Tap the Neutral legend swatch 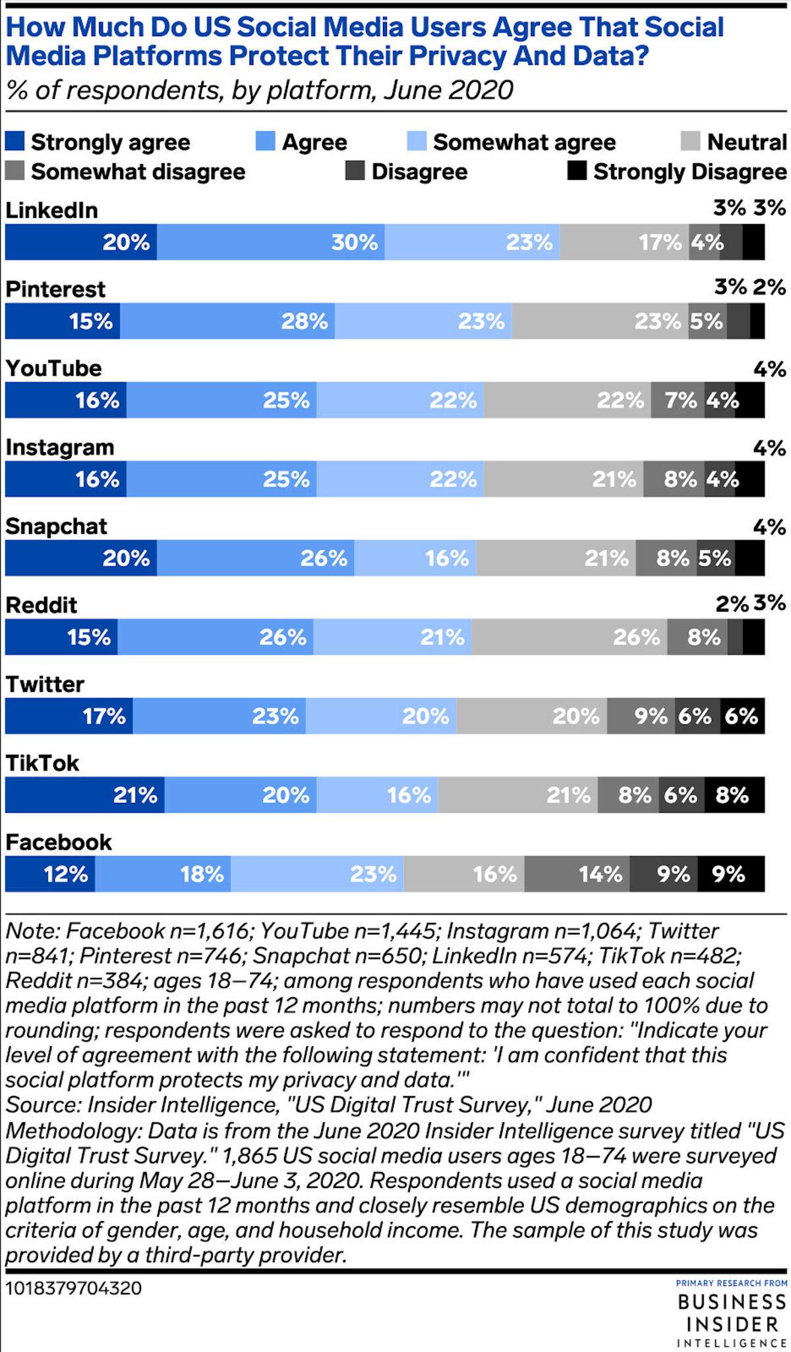tap(690, 142)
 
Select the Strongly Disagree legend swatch tap(577, 171)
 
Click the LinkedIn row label tap(51, 210)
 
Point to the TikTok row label tap(42, 763)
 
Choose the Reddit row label tap(42, 605)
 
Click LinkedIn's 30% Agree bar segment tap(271, 242)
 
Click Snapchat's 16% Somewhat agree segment tap(415, 558)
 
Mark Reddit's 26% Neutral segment tap(570, 637)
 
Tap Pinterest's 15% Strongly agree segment tap(63, 321)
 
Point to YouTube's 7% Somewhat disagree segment tap(678, 400)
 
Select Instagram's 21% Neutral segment tap(564, 479)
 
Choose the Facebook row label tap(59, 842)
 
